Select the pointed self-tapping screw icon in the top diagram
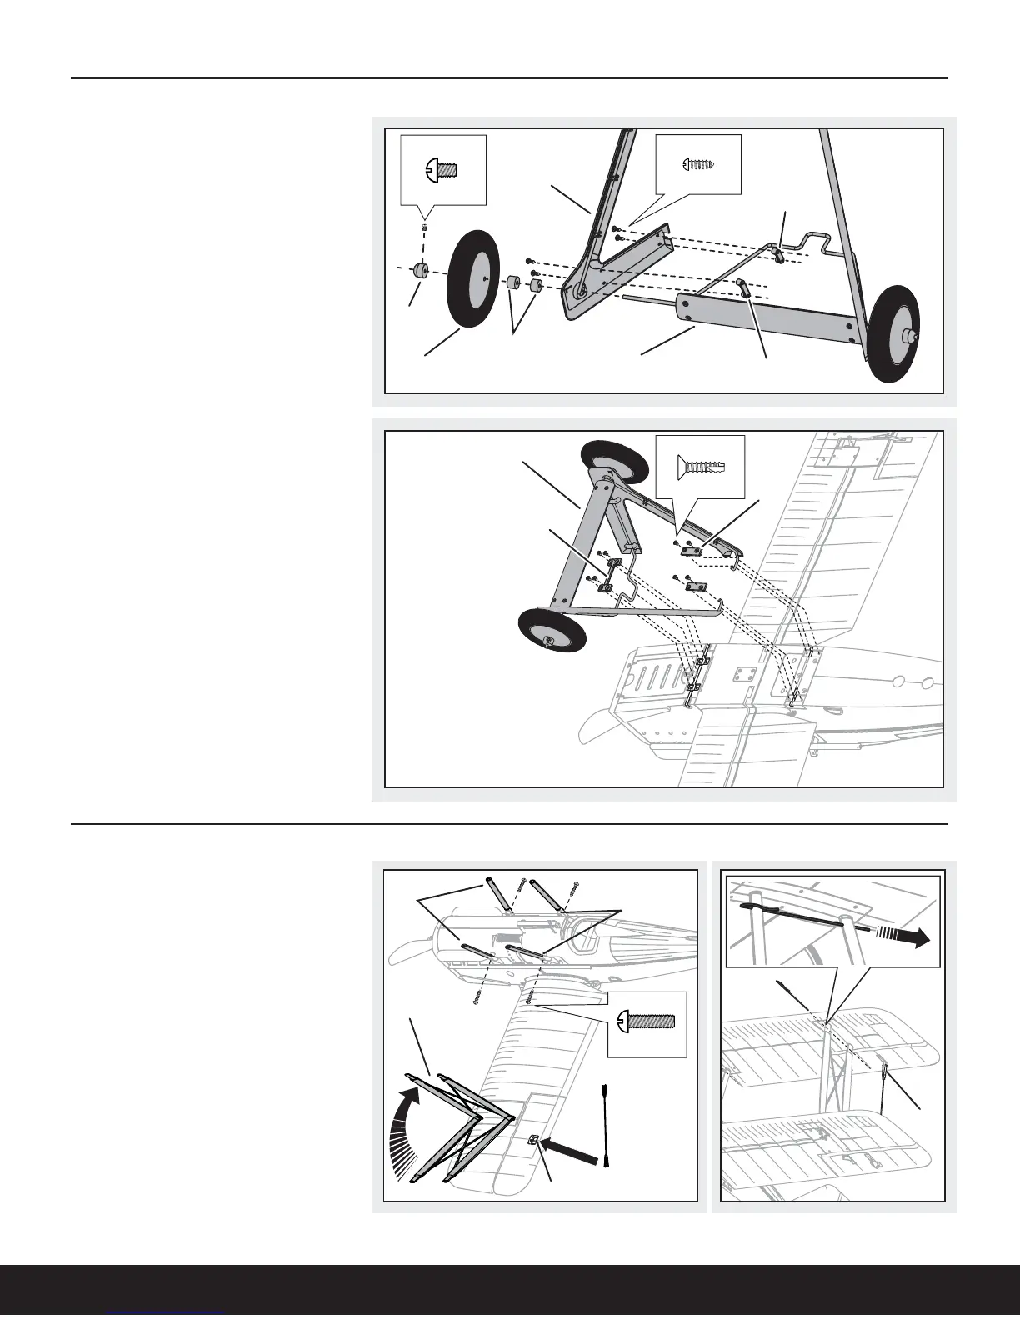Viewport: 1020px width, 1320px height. pyautogui.click(x=698, y=164)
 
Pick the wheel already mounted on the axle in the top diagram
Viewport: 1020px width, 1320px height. pyautogui.click(x=892, y=332)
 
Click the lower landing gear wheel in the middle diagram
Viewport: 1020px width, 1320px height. pyautogui.click(x=551, y=637)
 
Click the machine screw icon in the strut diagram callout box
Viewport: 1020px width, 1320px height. pyautogui.click(x=647, y=1022)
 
